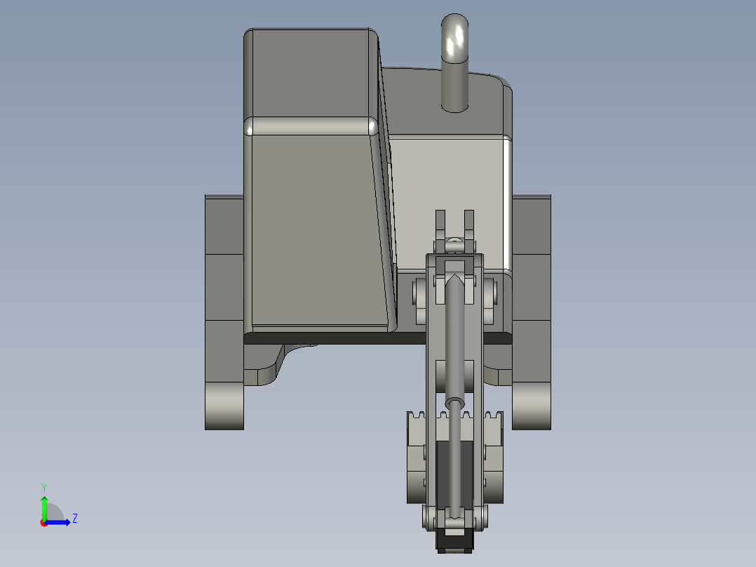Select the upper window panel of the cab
tap(311, 73)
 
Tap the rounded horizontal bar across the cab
tap(311, 126)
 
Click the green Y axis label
tap(43, 487)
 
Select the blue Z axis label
tap(74, 519)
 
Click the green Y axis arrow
tap(43, 507)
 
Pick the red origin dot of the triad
tap(43, 522)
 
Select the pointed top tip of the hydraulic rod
tap(454, 282)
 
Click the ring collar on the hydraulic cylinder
tap(454, 403)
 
